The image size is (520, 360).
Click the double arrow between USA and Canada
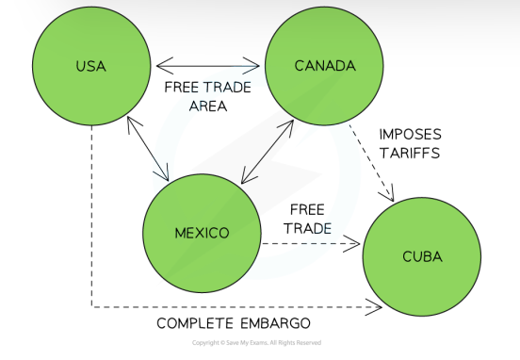click(208, 66)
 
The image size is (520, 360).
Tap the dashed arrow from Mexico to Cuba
click(311, 243)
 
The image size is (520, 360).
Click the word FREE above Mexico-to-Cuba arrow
click(307, 208)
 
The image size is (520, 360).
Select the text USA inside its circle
click(90, 66)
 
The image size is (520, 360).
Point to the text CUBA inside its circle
click(420, 256)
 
